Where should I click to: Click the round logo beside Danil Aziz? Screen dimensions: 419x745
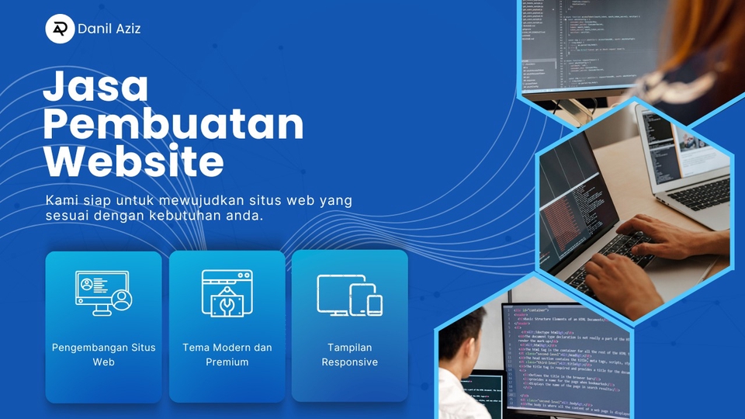(59, 29)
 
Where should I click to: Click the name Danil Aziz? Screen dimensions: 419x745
(109, 29)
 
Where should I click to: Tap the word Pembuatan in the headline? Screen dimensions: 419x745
(172, 125)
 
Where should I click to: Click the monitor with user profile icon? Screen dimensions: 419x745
(103, 292)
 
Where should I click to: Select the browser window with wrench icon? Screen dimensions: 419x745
(227, 293)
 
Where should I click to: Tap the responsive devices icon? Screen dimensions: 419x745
(349, 294)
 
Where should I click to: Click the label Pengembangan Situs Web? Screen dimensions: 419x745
(103, 355)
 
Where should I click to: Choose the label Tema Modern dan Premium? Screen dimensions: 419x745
(227, 355)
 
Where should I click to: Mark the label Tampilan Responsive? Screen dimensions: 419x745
(349, 355)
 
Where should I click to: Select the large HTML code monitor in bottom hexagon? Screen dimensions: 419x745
(567, 357)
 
